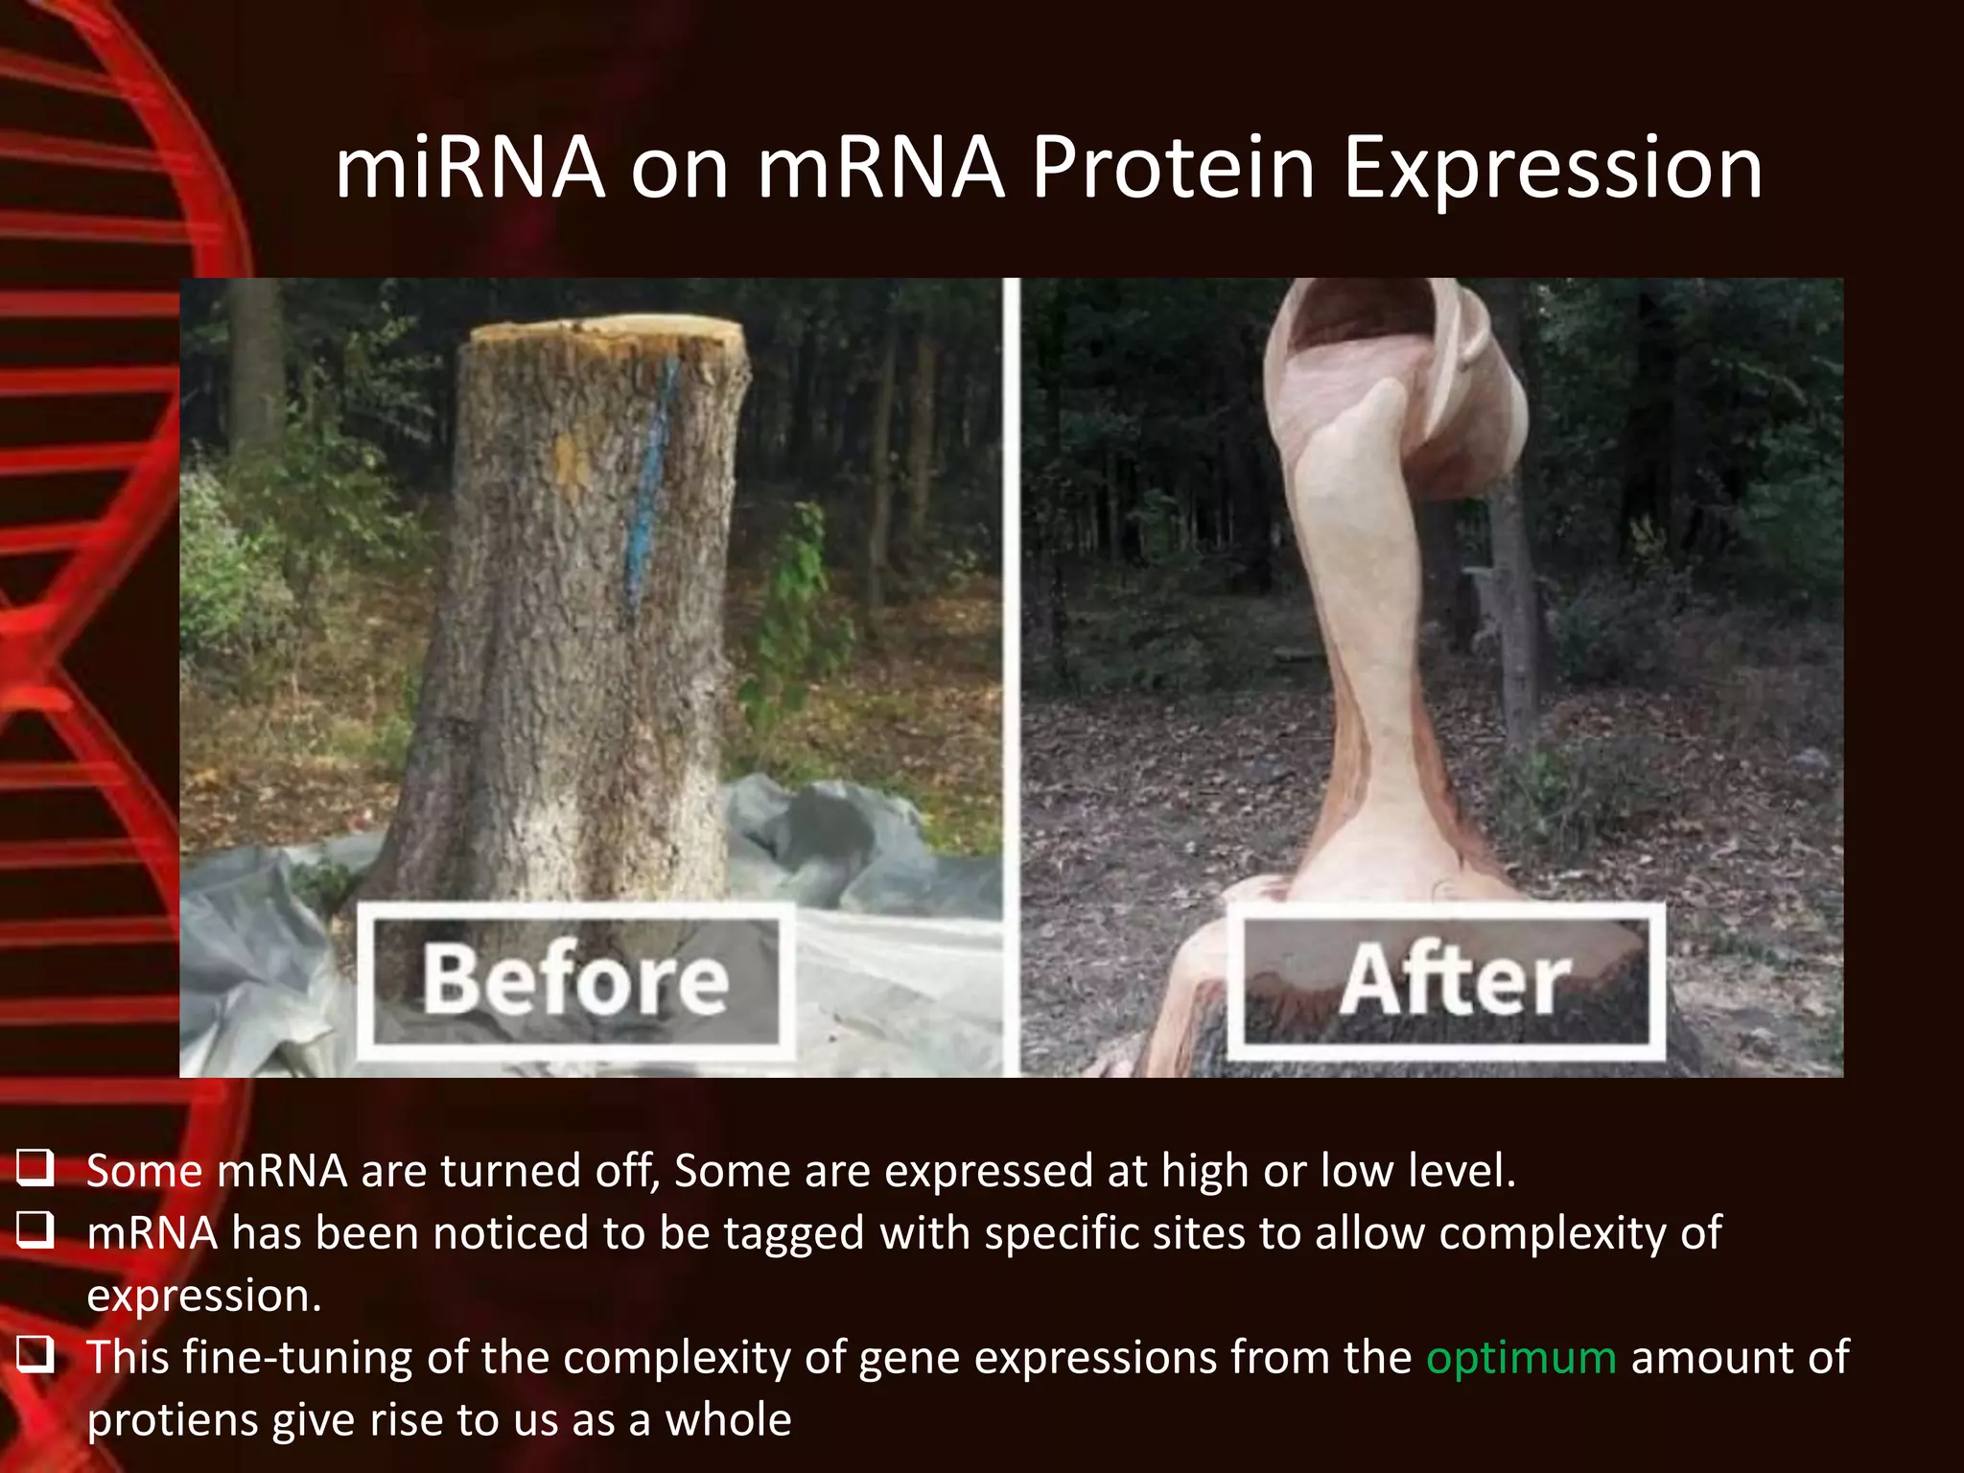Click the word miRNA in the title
[x=470, y=169]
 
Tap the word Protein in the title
[x=1173, y=169]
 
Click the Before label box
[x=575, y=980]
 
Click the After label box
[x=1448, y=980]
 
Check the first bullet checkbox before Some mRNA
[x=35, y=1169]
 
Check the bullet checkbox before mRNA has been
[x=35, y=1231]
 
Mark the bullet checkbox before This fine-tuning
[x=35, y=1356]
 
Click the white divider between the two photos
[x=1011, y=671]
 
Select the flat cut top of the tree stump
[x=609, y=332]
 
